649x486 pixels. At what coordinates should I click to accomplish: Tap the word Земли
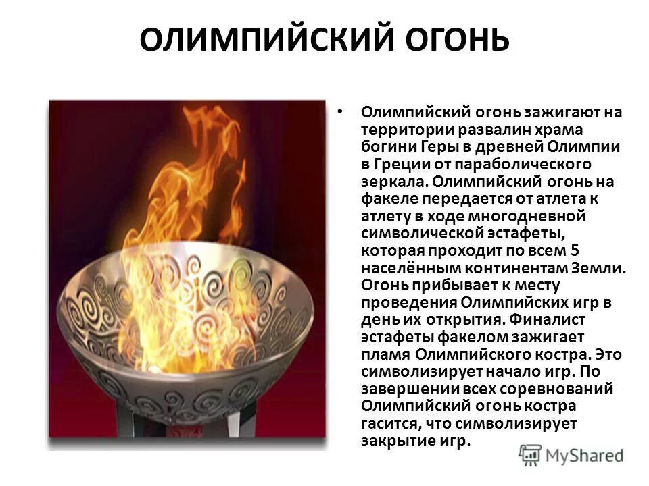click(x=598, y=268)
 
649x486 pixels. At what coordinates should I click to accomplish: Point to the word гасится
click(x=387, y=424)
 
